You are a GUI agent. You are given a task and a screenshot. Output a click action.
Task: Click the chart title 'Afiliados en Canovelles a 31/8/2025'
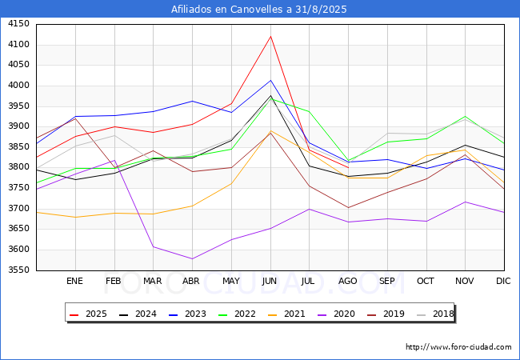259,10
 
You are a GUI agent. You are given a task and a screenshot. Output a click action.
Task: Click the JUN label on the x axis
270,282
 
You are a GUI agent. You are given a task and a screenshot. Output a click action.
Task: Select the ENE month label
74,282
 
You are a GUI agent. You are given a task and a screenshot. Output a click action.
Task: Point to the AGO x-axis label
348,282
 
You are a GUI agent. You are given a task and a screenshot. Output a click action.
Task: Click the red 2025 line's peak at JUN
270,36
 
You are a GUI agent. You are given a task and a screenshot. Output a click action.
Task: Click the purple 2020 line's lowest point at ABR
192,258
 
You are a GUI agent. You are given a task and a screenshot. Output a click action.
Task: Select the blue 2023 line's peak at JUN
270,80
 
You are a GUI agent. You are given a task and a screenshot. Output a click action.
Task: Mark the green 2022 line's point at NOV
465,116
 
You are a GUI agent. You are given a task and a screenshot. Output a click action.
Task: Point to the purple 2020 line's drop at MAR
153,246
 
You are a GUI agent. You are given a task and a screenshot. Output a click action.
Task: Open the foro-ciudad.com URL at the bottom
458,347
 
